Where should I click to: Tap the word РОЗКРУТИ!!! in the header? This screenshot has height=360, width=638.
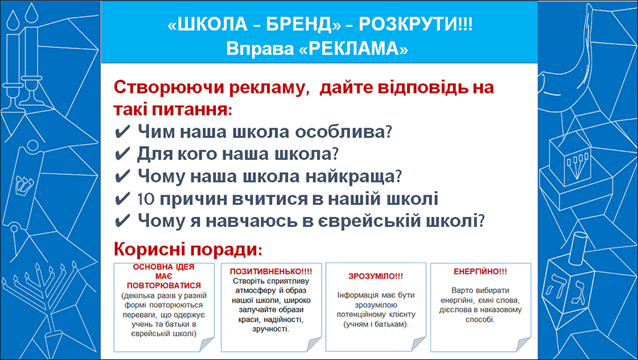(415, 25)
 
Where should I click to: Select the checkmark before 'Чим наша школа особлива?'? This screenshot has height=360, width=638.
(122, 132)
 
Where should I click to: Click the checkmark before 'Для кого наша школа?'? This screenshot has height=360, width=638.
(122, 154)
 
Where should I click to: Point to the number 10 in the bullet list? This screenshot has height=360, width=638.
(145, 199)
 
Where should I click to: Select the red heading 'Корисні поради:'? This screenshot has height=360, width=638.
(188, 249)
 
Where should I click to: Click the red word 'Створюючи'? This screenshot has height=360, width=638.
(167, 87)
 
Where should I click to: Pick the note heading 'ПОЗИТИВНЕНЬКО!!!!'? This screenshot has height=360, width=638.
(271, 271)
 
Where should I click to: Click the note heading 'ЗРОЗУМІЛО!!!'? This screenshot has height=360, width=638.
(376, 276)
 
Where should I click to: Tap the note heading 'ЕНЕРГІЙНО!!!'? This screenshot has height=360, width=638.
(480, 271)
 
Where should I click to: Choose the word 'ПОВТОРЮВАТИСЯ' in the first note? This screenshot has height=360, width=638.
(164, 286)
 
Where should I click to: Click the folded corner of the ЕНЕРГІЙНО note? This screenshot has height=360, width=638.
(524, 344)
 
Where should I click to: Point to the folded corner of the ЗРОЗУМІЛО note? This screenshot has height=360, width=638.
(419, 344)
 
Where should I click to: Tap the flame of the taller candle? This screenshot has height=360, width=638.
(31, 14)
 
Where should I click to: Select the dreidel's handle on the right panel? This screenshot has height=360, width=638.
(578, 248)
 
